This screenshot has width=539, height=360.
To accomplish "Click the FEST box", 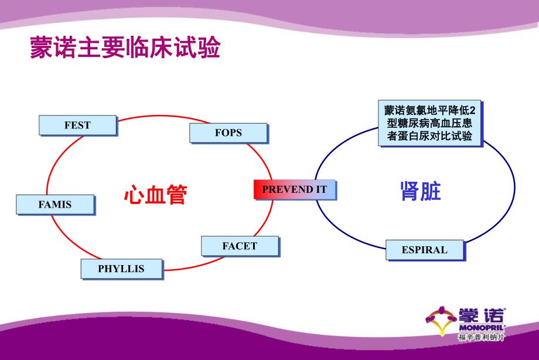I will click(x=77, y=125).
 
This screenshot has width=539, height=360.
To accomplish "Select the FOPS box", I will click(x=228, y=133).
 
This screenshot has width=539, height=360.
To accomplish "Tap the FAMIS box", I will click(x=55, y=205).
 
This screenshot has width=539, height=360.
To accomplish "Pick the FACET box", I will click(x=240, y=246).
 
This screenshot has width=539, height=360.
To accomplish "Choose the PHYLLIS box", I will click(x=121, y=269).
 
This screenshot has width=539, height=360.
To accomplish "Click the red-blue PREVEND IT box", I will click(x=295, y=189).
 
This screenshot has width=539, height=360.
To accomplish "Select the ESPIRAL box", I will click(x=424, y=250).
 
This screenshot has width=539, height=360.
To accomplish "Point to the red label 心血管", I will click(x=155, y=195).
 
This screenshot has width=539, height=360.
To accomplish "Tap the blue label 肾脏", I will click(x=420, y=191).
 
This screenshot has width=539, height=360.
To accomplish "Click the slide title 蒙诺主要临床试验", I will click(x=125, y=49).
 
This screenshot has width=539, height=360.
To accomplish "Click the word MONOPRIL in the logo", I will click(x=482, y=326).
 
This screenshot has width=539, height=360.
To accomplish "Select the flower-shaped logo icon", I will click(x=441, y=320).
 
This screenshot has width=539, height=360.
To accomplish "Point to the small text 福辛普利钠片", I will click(x=481, y=337).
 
